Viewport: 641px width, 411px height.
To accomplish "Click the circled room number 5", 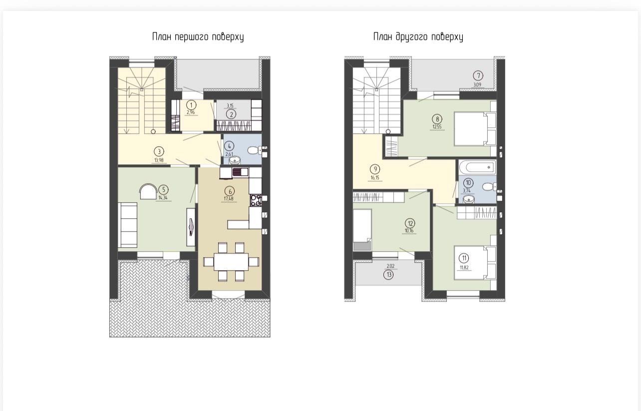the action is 164,189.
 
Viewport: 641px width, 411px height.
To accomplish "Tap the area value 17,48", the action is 229,198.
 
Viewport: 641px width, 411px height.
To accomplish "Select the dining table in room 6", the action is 231,262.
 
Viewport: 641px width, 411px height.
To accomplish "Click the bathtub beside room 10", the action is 477,167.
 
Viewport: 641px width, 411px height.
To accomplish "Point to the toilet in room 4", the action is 254,150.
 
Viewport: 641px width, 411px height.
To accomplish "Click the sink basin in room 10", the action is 468,199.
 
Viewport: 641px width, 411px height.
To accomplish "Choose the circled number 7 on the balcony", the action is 478,76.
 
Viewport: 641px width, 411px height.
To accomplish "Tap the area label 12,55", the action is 437,127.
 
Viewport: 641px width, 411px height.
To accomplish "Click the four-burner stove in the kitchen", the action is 256,200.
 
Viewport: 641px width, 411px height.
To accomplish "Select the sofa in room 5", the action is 128,225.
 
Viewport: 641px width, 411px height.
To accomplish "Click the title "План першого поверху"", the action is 198,37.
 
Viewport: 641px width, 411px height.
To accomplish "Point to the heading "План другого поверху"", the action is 418,37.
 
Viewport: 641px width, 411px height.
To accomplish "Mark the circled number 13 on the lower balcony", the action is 388,275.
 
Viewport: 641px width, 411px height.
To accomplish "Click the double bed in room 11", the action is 475,262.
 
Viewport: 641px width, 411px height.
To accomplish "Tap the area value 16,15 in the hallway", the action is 375,178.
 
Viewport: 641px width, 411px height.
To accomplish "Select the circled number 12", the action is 410,223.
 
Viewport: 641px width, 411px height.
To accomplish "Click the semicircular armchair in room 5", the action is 148,191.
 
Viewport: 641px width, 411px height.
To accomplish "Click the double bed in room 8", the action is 475,129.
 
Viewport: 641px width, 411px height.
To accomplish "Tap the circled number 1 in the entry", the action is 191,105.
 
